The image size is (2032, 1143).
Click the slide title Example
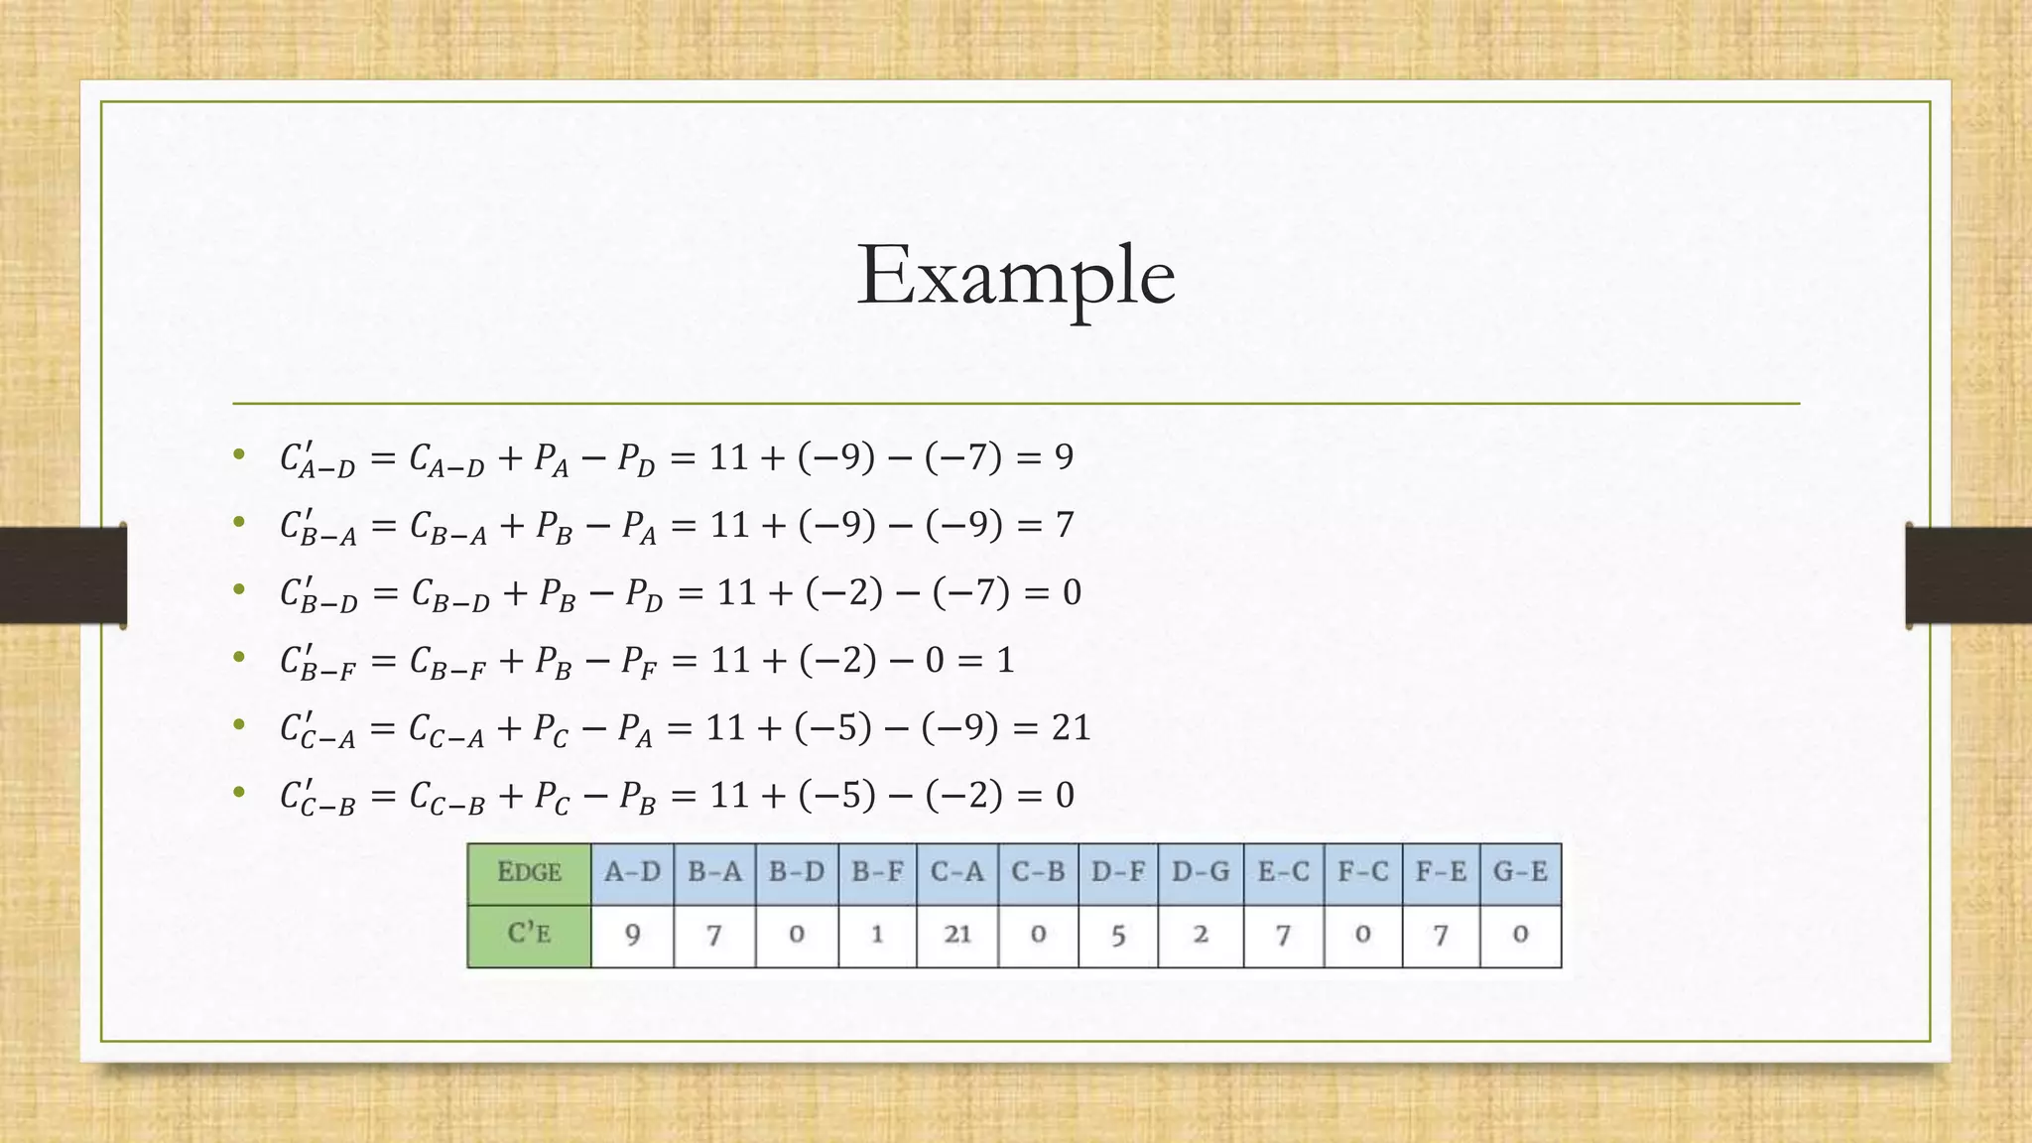click(1015, 275)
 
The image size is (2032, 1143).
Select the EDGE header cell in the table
click(529, 873)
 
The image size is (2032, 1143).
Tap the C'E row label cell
click(529, 935)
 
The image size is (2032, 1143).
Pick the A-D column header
click(632, 873)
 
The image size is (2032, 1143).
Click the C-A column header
click(956, 873)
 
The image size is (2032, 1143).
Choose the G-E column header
click(1520, 873)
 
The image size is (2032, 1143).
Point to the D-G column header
click(1200, 873)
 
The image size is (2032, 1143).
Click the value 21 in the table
click(956, 935)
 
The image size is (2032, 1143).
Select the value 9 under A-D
click(632, 935)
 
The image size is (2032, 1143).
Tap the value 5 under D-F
click(1117, 935)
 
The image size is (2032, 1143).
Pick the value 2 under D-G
click(1200, 935)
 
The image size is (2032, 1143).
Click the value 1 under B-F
click(877, 935)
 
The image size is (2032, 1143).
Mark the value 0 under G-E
click(1520, 935)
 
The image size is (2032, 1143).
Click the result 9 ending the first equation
click(1063, 457)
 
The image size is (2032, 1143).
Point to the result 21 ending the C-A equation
click(1071, 728)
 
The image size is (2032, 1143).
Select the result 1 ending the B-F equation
click(1005, 661)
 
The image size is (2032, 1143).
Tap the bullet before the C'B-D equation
click(238, 589)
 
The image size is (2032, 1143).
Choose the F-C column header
click(1362, 873)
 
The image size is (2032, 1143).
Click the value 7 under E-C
click(1283, 935)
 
